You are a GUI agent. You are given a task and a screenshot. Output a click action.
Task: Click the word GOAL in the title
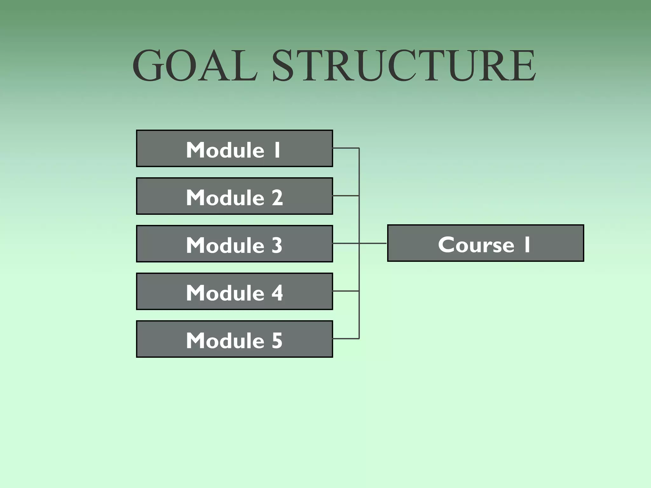point(195,66)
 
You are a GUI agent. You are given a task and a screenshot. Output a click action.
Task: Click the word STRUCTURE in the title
point(404,66)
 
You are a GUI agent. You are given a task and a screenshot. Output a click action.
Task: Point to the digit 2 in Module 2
point(277,198)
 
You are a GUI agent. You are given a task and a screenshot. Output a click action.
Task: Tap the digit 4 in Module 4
point(277,293)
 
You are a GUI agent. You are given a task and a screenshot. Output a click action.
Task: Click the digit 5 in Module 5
point(277,341)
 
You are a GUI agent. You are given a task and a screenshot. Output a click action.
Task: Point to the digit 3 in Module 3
point(277,245)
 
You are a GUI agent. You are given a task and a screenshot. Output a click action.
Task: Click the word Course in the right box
point(476,245)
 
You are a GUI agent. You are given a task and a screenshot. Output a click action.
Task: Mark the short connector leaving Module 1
point(346,148)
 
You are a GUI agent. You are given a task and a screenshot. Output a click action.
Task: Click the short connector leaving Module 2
point(346,196)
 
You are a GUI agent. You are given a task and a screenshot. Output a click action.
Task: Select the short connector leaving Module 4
point(346,291)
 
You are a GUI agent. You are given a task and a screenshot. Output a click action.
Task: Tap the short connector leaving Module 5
point(346,339)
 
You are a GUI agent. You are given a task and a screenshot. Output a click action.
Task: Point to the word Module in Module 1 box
point(225,150)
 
